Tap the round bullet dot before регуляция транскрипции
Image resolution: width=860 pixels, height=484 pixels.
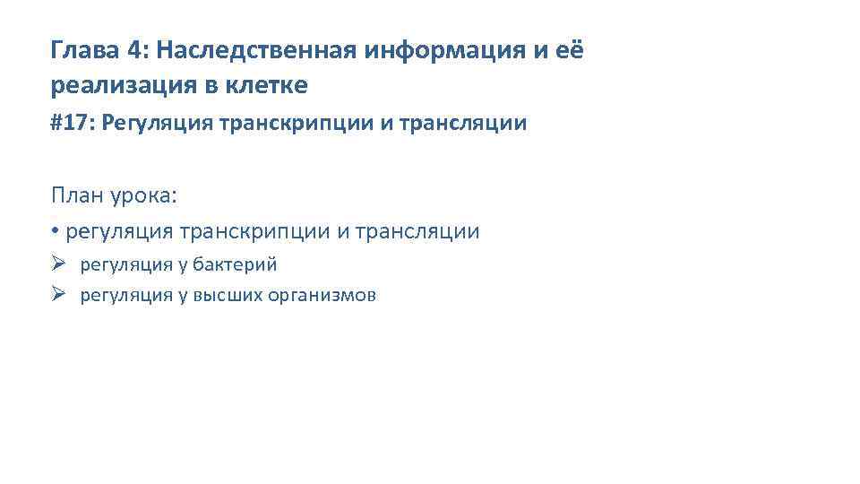click(x=56, y=232)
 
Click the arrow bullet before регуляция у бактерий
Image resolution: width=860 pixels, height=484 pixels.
click(x=60, y=264)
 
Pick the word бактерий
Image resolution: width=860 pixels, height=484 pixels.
click(x=236, y=265)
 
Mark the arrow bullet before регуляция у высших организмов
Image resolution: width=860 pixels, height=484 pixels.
click(x=60, y=295)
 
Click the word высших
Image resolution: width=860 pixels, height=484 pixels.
click(x=225, y=296)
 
